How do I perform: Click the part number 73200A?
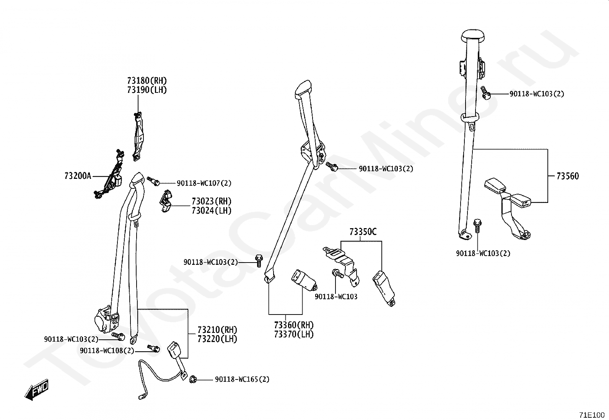pos(78,176)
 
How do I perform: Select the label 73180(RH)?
pos(147,81)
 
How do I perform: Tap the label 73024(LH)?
pos(212,211)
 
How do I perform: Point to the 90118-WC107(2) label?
pos(204,183)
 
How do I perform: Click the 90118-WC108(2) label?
pos(107,351)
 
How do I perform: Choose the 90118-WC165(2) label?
pos(242,379)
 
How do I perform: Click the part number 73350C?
pos(363,232)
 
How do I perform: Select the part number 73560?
pos(568,176)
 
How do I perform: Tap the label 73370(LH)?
pos(294,334)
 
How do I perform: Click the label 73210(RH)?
pos(217,330)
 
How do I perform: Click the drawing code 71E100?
pos(592,415)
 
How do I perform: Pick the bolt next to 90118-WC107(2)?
pos(154,181)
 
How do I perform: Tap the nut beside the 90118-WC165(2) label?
pos(192,379)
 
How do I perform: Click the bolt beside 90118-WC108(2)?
pos(154,348)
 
